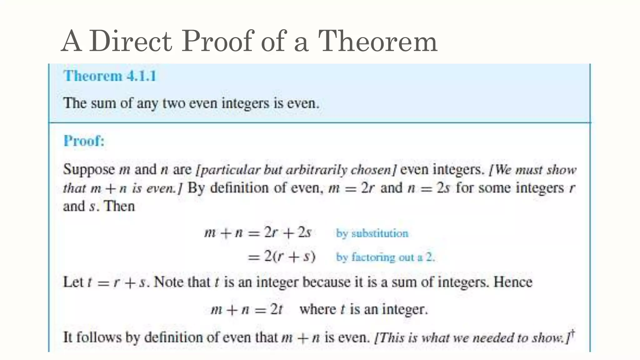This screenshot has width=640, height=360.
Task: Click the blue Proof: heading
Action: tap(84, 141)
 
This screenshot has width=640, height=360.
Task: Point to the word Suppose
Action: tap(89, 170)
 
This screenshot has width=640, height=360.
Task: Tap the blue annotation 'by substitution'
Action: tap(372, 233)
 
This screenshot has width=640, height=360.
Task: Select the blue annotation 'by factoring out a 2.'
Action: tap(385, 257)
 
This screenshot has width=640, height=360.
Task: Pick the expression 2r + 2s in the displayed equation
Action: tap(287, 232)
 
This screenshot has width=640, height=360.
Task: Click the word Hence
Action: tap(513, 282)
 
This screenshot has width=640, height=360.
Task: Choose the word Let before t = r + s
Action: tap(73, 282)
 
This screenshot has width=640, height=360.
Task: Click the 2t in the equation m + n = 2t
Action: tap(276, 309)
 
